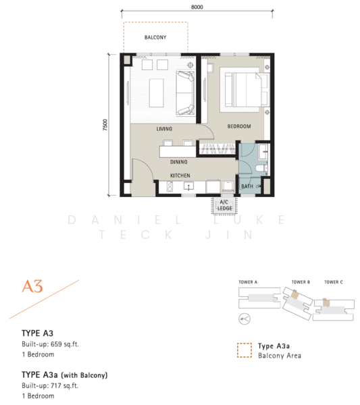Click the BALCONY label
pos(155,37)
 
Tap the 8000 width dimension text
pos(197,7)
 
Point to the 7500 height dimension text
pos(105,125)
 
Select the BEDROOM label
pos(239,126)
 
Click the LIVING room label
pos(164,129)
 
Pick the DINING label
pos(179,162)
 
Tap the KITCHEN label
pos(180,175)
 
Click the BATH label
pos(247,186)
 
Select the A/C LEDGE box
pos(224,206)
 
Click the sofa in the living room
pos(185,93)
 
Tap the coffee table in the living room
pos(156,93)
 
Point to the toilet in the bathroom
pos(261,169)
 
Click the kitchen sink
pos(188,186)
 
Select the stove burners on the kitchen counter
pos(170,187)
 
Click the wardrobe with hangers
pos(217,149)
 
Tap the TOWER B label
pos(301,282)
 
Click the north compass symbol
pos(245,319)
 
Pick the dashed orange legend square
pos(245,350)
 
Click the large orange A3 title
pos(32,286)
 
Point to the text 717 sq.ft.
pos(65,385)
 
